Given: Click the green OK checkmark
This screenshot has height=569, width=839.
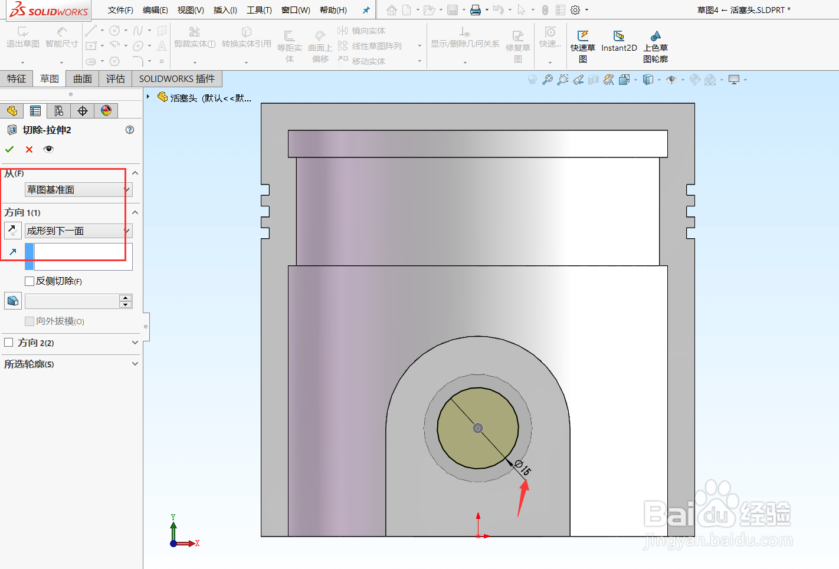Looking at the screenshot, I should tap(9, 149).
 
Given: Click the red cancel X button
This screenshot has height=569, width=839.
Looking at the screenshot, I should tap(29, 149).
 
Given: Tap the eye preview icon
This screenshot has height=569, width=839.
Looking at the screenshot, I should tap(48, 149).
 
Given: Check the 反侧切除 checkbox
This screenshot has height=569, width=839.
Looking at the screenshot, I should tap(30, 281).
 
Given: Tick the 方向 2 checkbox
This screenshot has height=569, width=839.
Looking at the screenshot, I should tap(9, 343).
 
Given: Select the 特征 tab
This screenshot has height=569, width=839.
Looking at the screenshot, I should tap(17, 79).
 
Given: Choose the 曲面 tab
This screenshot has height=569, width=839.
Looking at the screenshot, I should tap(83, 79).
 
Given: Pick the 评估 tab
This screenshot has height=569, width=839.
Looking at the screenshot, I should tap(116, 79).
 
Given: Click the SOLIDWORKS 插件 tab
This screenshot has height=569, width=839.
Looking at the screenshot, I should tap(177, 79).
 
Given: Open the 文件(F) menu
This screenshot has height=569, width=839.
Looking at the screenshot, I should tap(120, 10).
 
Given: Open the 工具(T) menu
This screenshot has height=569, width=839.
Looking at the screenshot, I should tap(259, 10).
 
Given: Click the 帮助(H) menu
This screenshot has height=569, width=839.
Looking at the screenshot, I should tap(333, 10).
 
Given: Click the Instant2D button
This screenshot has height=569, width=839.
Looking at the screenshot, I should tap(619, 41).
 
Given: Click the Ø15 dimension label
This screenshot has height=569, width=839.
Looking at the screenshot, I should tap(523, 468).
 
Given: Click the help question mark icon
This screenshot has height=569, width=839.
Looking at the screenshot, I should tap(130, 130).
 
